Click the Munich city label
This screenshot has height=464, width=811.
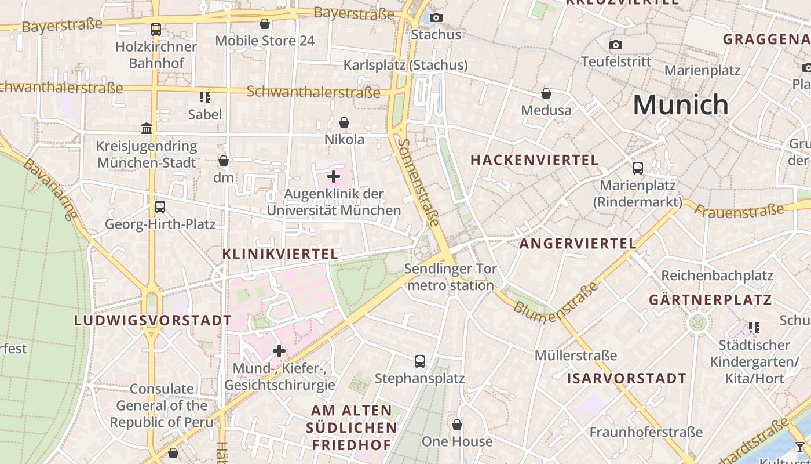(x=680, y=105)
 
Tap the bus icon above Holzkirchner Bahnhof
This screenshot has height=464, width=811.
(x=155, y=29)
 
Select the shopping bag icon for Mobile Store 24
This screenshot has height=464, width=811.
(x=265, y=24)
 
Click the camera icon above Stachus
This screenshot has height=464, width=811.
(x=436, y=18)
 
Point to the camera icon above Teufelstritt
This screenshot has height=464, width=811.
(x=616, y=45)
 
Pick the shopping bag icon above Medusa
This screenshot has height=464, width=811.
(x=546, y=93)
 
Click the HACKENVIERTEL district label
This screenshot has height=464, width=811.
(x=534, y=160)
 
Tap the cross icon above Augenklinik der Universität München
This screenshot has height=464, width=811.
(x=334, y=176)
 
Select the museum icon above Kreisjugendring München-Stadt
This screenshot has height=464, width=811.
(x=147, y=128)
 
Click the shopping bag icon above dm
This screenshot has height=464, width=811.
(x=224, y=161)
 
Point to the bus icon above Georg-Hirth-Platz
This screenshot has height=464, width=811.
(x=160, y=206)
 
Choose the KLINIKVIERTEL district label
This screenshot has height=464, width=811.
(x=280, y=254)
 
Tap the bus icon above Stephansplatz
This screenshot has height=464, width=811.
(x=420, y=361)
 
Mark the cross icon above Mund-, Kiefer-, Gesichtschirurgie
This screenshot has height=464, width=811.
(x=279, y=351)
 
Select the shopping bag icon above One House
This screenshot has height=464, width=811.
(x=457, y=425)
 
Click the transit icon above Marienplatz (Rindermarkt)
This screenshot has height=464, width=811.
(x=638, y=168)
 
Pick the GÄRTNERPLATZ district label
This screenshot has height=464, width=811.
(x=710, y=300)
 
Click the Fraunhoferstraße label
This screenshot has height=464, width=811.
(x=646, y=432)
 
